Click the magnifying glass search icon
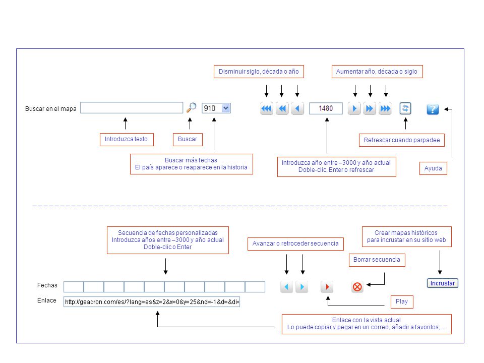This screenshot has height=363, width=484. coord(192,108)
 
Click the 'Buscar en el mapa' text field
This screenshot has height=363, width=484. coord(132,108)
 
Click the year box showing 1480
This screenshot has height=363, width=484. coord(326,108)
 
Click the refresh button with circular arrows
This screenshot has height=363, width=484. coord(405,108)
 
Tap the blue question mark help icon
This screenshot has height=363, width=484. coord(433,109)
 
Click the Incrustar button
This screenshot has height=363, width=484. coord(442,283)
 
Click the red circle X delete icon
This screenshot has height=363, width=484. coord(357,287)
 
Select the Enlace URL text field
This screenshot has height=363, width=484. coord(152,301)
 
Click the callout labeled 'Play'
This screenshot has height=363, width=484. coord(402,301)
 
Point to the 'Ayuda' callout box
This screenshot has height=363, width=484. coord(433,168)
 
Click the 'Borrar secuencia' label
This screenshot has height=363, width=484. coord(377,260)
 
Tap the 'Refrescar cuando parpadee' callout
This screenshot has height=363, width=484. coord(402,140)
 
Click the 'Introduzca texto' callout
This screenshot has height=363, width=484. coord(127,139)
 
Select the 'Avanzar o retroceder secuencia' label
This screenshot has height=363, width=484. coord(295,244)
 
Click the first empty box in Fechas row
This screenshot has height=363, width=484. coord(74,287)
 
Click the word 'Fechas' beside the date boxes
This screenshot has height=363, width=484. coord(47,285)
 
